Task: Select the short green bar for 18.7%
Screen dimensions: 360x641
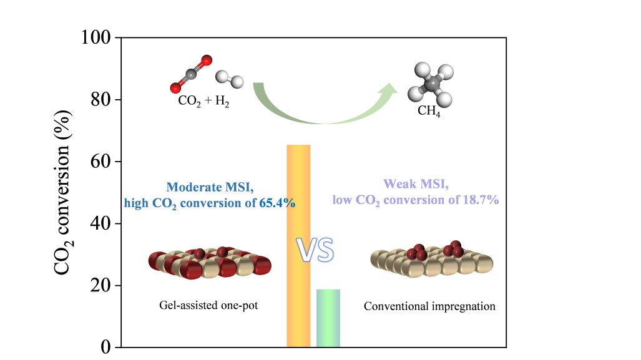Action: pyautogui.click(x=328, y=318)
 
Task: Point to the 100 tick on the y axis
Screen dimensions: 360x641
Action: pyautogui.click(x=96, y=37)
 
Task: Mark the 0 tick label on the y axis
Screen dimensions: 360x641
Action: pyautogui.click(x=105, y=347)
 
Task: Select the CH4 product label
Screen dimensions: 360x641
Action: pyautogui.click(x=429, y=113)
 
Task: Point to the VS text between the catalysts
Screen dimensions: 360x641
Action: pyautogui.click(x=315, y=250)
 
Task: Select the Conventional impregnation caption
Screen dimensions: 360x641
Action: pyautogui.click(x=429, y=306)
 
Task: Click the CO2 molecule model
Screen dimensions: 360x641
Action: pyautogui.click(x=191, y=74)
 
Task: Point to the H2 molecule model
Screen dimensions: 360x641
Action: pyautogui.click(x=230, y=79)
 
